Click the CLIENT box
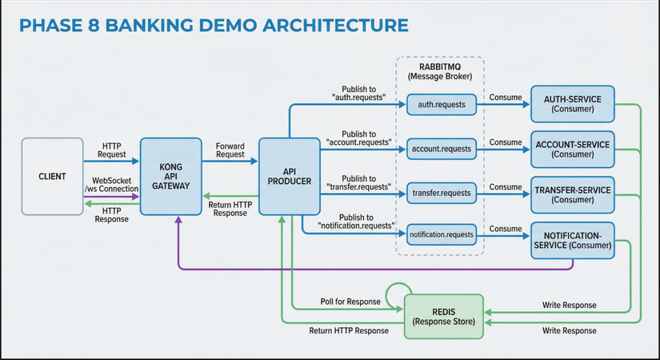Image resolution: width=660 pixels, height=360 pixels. coord(52,176)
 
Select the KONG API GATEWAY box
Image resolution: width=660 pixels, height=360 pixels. coord(170,176)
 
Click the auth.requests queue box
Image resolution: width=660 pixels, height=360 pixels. coord(441,104)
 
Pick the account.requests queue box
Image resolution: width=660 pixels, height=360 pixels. coord(441,148)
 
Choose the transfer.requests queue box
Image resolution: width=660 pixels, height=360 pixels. coord(441,193)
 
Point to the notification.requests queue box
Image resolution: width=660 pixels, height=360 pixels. coord(441,236)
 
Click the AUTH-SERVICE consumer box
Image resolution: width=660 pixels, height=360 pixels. coord(572,104)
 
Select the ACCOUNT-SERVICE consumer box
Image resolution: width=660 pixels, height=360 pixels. coord(572,149)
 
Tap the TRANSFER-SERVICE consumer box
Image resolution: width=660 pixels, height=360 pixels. coord(572,194)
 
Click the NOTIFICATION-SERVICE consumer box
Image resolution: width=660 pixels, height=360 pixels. coord(572,240)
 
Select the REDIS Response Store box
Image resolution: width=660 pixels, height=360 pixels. coord(444,314)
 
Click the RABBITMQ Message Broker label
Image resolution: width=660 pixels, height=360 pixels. coord(440,71)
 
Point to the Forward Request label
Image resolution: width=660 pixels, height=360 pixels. coord(230,150)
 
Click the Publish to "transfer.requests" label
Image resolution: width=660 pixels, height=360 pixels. coord(358,182)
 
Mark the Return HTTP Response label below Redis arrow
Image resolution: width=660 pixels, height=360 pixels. coord(349,330)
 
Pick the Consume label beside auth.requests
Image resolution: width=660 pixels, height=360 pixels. coord(505,97)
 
